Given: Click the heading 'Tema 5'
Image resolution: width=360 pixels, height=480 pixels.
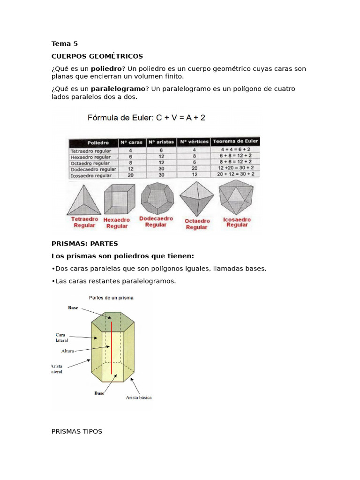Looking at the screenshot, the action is tap(65, 44).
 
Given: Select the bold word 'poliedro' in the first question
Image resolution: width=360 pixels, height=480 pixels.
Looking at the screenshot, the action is tap(106, 69).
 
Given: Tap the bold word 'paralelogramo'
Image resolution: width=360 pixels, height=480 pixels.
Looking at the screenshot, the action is tap(118, 89).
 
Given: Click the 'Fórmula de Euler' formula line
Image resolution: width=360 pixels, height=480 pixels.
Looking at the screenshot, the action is tap(146, 118).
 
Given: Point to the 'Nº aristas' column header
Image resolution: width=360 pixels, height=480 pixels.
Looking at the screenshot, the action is tap(161, 142).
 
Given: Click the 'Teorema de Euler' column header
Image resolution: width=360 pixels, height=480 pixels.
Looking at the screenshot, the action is tap(235, 142).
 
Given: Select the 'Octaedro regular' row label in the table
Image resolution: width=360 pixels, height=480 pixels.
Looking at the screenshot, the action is tap(90, 163).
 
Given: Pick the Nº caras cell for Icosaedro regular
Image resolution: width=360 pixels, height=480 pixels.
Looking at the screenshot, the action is tap(131, 175).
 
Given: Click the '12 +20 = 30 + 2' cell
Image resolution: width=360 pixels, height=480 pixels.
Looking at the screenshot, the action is tap(236, 168).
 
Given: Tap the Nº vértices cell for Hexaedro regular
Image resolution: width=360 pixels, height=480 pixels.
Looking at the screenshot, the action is tap(195, 156).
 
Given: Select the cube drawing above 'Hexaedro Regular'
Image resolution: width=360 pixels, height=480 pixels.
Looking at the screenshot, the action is tap(120, 199).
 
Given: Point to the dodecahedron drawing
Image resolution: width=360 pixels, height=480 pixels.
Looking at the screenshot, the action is tap(157, 198).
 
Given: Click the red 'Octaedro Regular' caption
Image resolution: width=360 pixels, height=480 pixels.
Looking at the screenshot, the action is tap(197, 224).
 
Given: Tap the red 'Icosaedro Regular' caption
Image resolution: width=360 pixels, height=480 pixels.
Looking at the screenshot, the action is tap(237, 222).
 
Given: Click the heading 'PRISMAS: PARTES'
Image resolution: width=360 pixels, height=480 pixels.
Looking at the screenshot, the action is tap(85, 244).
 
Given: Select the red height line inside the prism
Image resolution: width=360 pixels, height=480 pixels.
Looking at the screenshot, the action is tap(112, 348).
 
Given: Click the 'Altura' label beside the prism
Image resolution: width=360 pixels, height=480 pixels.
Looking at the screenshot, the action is tap(67, 351).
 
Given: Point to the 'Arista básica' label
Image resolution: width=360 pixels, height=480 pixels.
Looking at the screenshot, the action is tap(139, 397).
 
